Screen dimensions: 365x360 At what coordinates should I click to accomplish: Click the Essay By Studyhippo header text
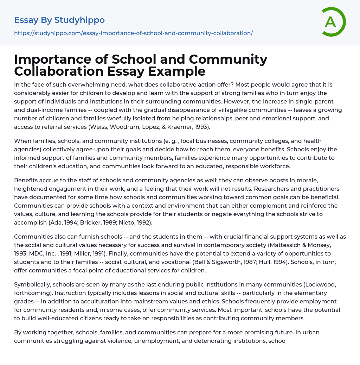(x=59, y=20)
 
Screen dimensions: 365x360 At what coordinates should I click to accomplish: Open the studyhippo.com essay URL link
(x=133, y=33)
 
